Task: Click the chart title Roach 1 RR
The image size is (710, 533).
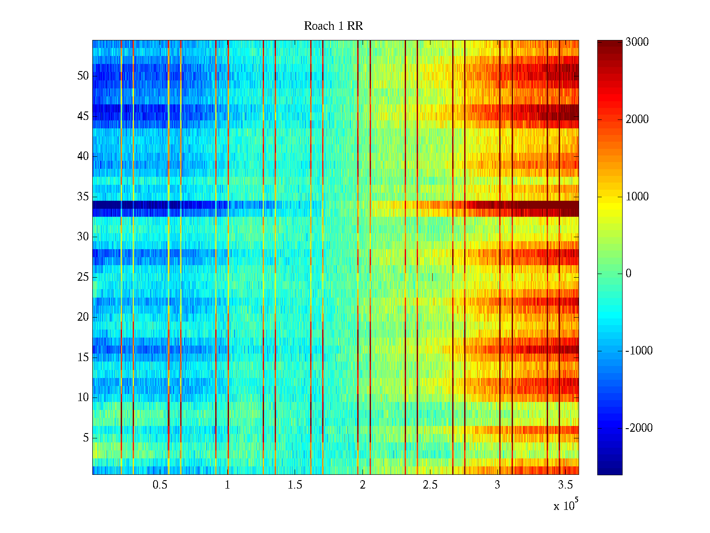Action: tap(333, 26)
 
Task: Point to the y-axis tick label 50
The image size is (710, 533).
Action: tap(83, 76)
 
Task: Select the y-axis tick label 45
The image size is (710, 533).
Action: tap(83, 116)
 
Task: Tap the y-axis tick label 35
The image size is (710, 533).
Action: tap(83, 196)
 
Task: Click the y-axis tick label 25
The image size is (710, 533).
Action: tap(83, 277)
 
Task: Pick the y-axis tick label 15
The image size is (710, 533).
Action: tap(83, 357)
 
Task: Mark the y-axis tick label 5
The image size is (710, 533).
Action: tap(86, 438)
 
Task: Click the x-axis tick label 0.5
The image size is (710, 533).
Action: tap(160, 485)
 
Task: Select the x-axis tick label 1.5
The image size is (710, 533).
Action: tap(295, 485)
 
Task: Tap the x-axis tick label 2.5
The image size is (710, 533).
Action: tap(430, 485)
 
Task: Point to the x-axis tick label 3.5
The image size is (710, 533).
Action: tap(565, 485)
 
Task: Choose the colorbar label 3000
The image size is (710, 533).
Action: tap(637, 42)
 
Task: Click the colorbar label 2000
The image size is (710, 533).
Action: tap(637, 119)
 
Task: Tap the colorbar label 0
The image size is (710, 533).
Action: tap(628, 274)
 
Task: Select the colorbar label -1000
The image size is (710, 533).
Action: tap(639, 350)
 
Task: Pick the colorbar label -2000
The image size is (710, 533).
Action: tap(639, 428)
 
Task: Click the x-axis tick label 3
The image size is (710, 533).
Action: tap(497, 485)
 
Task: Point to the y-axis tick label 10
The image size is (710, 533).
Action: tap(83, 397)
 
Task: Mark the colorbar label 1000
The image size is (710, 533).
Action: tap(637, 196)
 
